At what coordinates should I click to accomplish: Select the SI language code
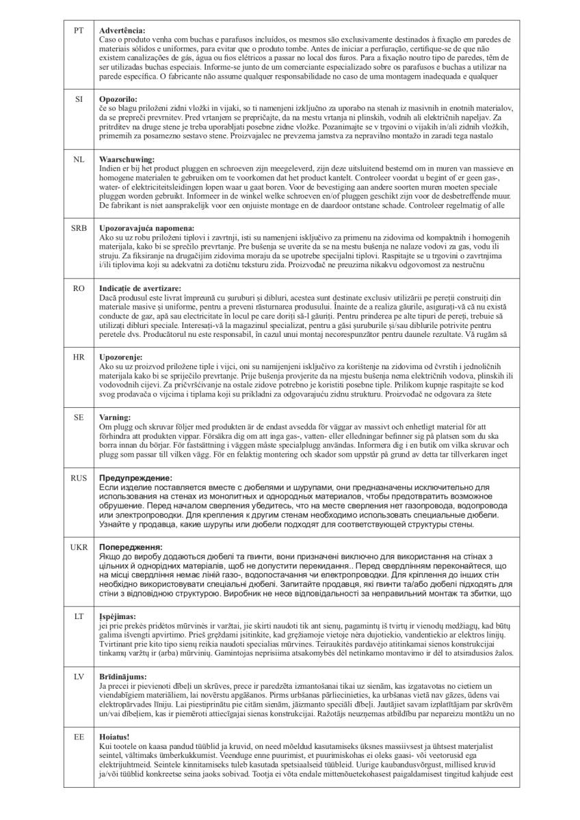(x=79, y=99)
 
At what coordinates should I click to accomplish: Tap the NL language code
(x=79, y=159)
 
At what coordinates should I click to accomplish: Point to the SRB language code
(x=79, y=227)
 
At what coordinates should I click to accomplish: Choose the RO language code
(x=79, y=288)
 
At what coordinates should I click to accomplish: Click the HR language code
(x=79, y=357)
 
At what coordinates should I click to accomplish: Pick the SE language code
(x=79, y=416)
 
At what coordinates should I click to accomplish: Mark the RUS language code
(x=79, y=478)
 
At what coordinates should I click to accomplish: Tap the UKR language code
(x=79, y=547)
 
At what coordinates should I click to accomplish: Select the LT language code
(x=79, y=616)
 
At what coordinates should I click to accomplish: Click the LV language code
(x=79, y=675)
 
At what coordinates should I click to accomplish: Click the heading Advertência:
(x=122, y=31)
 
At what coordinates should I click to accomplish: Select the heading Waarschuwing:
(x=126, y=159)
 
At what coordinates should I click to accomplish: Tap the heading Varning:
(x=115, y=416)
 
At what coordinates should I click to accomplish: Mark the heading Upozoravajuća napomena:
(x=146, y=227)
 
